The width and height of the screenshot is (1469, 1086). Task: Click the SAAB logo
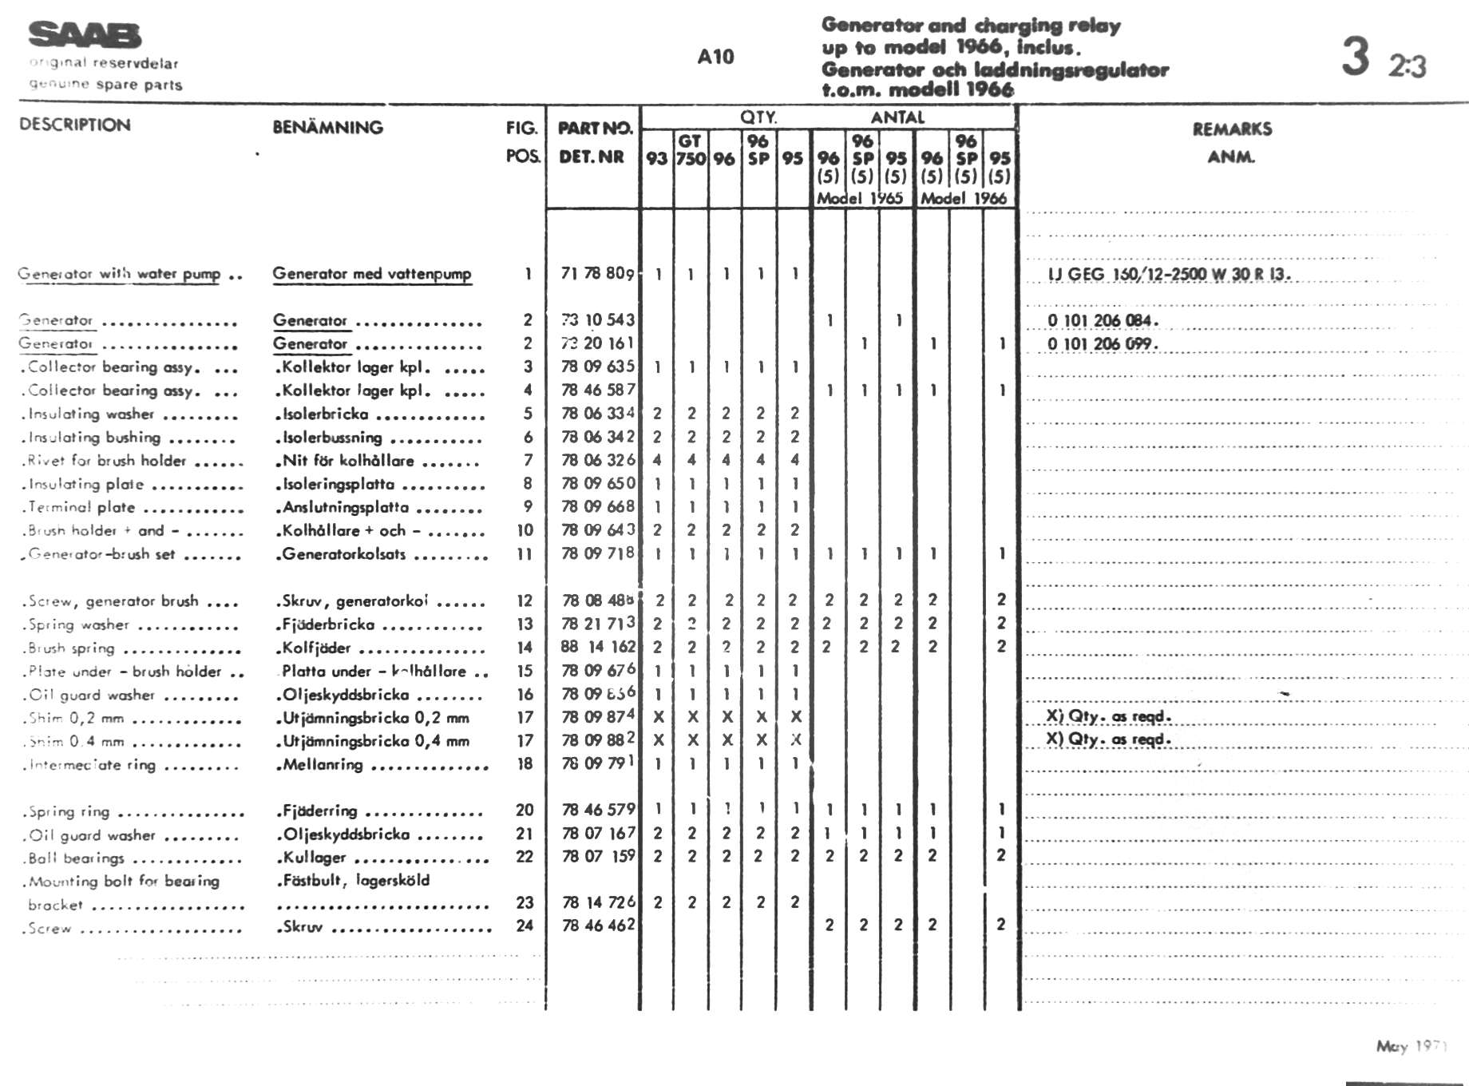pos(85,36)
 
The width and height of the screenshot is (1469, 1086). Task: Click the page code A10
pos(715,57)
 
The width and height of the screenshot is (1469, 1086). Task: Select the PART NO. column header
pos(594,128)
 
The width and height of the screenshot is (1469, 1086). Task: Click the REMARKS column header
pos(1232,129)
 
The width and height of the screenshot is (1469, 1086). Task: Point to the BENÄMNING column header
pos(327,127)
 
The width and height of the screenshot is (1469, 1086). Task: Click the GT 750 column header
pos(691,150)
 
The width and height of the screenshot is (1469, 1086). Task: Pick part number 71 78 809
pos(597,274)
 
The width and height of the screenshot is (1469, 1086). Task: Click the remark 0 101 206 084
pos(1103,321)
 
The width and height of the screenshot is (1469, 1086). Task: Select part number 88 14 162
pos(598,647)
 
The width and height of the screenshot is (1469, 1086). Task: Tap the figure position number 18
pos(525,763)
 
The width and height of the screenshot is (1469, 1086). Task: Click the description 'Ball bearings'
pos(76,858)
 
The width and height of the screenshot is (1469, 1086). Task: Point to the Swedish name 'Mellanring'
pos(323,764)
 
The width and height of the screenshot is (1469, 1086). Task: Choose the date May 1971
pos(1410,1046)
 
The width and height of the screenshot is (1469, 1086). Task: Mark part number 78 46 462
pos(598,925)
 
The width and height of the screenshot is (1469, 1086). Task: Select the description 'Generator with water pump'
pos(119,274)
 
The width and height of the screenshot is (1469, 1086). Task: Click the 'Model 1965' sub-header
pos(860,198)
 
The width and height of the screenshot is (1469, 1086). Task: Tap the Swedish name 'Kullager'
pos(315,858)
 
